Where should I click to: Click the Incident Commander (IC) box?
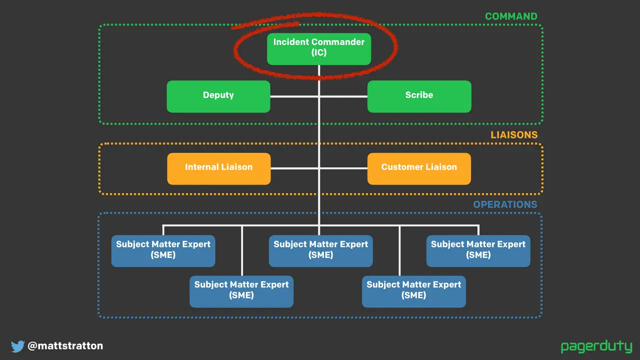pyautogui.click(x=319, y=49)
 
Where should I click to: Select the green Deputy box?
pyautogui.click(x=218, y=96)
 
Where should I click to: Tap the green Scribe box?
pyautogui.click(x=419, y=96)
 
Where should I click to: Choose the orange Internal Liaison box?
pyautogui.click(x=219, y=168)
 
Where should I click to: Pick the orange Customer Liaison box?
pyautogui.click(x=419, y=168)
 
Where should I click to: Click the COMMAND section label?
pyautogui.click(x=511, y=16)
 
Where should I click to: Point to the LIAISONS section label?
pyautogui.click(x=514, y=135)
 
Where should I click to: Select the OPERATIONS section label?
pyautogui.click(x=505, y=204)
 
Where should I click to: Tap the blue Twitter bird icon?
pyautogui.click(x=17, y=346)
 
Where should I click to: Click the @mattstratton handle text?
pyautogui.click(x=65, y=345)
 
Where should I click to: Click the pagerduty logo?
pyautogui.click(x=596, y=346)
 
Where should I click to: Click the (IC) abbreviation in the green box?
pyautogui.click(x=319, y=52)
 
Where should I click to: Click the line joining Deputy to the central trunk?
pyautogui.click(x=294, y=96)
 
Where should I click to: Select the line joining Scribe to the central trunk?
pyautogui.click(x=343, y=96)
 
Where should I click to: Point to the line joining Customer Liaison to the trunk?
pyautogui.click(x=343, y=168)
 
